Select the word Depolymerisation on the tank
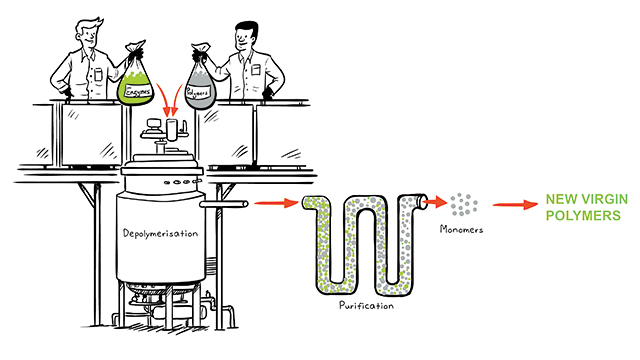click(160, 233)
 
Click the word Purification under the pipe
click(367, 305)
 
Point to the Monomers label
click(461, 229)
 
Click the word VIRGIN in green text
click(604, 199)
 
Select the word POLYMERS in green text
click(583, 216)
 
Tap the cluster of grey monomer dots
click(464, 204)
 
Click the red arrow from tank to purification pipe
click(276, 202)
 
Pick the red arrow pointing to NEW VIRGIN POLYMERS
click(516, 204)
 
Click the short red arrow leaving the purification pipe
click(435, 201)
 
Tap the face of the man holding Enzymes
click(89, 35)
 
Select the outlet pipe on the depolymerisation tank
click(224, 204)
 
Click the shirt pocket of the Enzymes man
click(98, 74)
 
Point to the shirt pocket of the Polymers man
click(256, 69)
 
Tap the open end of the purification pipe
click(422, 201)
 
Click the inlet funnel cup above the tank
click(172, 130)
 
